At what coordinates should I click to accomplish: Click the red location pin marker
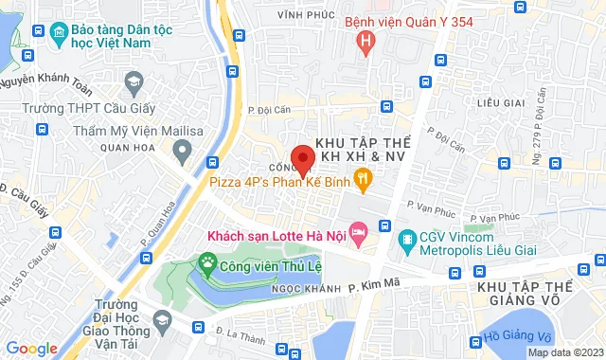click(x=302, y=159)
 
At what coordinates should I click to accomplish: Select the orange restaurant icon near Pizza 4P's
click(x=363, y=176)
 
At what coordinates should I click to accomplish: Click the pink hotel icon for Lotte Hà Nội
click(x=358, y=230)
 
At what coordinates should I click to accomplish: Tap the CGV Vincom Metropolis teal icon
click(x=407, y=237)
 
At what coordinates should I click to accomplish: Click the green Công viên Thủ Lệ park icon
click(x=205, y=262)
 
